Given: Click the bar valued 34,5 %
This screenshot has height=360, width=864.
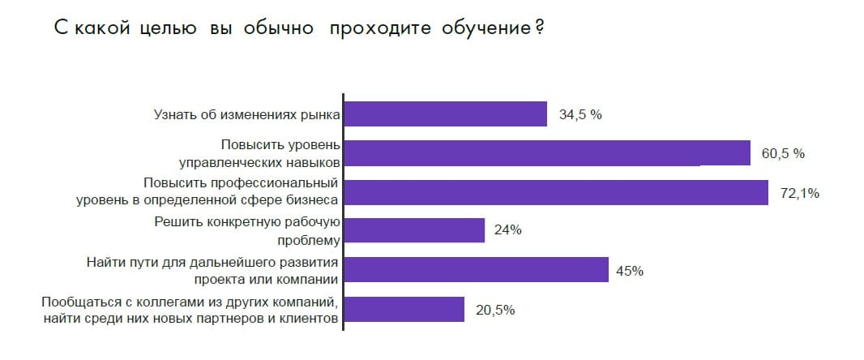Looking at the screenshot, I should (446, 114).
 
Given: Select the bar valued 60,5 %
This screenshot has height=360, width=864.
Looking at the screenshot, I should (547, 153).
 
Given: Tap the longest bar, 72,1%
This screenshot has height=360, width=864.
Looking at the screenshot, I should (556, 192).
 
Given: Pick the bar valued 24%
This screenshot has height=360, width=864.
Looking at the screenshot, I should (414, 230).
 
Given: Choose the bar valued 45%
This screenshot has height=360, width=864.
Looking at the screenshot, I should (477, 270).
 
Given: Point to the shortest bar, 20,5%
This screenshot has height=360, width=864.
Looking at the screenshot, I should (404, 309).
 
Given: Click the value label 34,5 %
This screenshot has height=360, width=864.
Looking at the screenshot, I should (580, 115).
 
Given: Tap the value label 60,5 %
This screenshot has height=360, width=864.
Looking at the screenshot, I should (783, 153).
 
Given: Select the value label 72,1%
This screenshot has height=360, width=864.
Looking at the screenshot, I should (800, 193).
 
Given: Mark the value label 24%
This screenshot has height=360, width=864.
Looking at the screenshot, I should (507, 230).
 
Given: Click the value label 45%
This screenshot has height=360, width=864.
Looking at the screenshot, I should (630, 271).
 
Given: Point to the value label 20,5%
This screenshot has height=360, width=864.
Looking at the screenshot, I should (494, 310).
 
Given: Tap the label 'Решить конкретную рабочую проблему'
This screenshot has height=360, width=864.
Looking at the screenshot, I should (246, 230).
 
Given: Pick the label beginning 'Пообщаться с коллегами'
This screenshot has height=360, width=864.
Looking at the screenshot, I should (190, 310).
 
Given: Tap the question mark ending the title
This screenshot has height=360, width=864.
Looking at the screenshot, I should (539, 28).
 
